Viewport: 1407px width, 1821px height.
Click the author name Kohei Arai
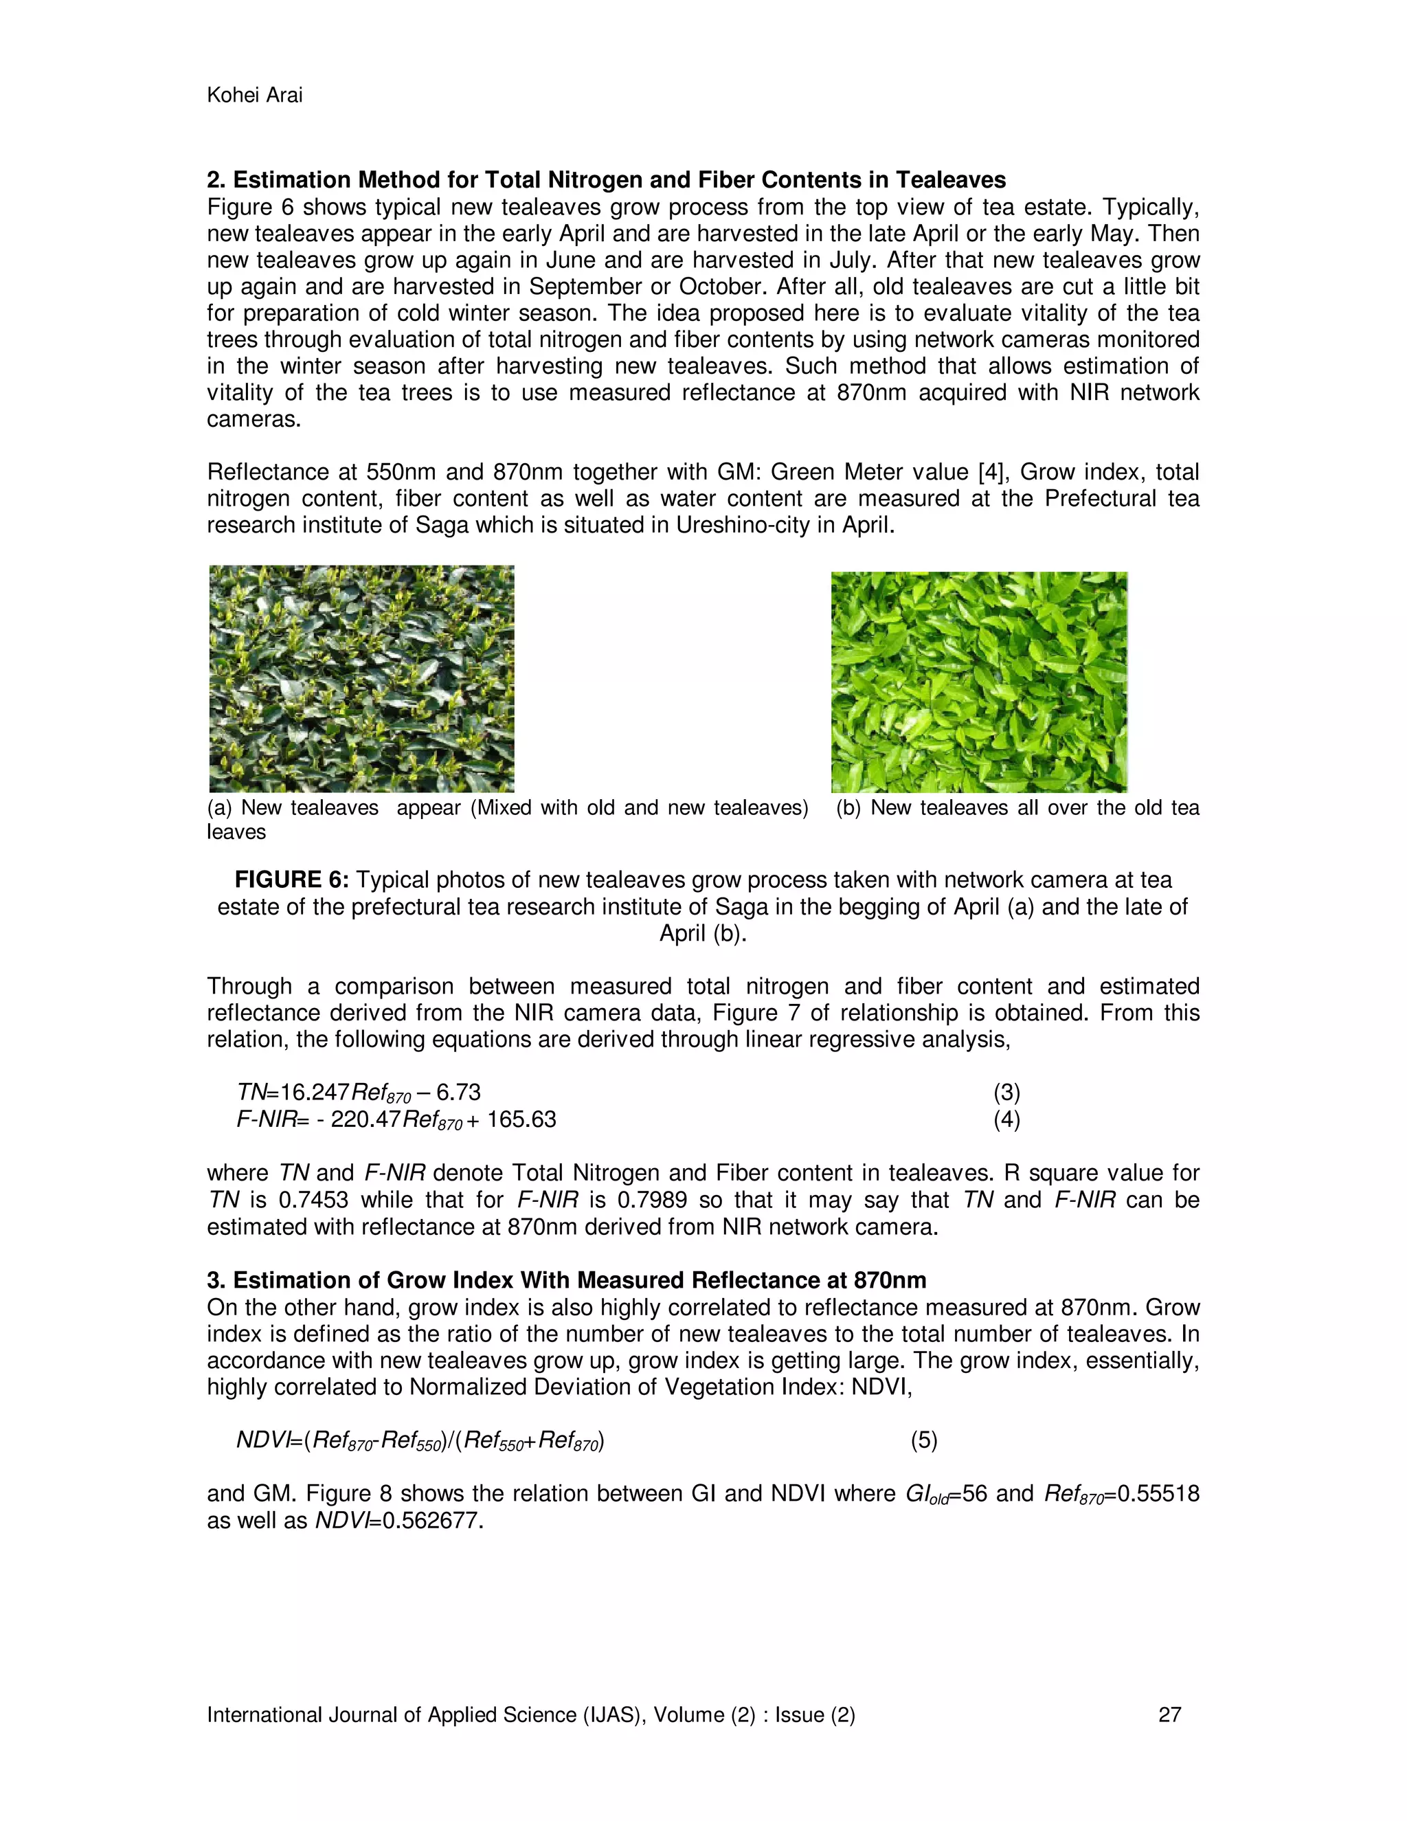(x=254, y=95)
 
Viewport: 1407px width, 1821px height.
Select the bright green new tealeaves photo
(x=978, y=681)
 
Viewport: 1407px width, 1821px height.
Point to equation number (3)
(x=1006, y=1093)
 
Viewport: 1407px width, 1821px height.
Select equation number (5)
(x=923, y=1440)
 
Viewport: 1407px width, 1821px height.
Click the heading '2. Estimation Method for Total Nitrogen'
(x=606, y=180)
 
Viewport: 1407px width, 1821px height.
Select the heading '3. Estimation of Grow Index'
(x=566, y=1280)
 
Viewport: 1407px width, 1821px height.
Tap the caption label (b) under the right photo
(x=848, y=807)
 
